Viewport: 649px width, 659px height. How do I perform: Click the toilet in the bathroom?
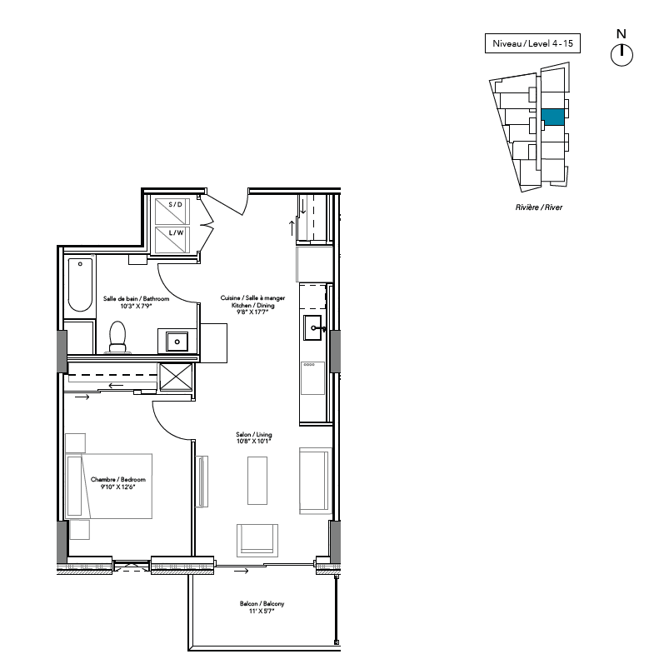click(x=117, y=337)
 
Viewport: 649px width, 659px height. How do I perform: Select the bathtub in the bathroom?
click(x=80, y=285)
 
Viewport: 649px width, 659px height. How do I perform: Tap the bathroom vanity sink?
click(x=177, y=342)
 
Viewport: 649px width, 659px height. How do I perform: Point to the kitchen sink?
click(x=312, y=327)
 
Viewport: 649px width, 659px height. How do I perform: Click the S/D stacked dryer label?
click(x=175, y=205)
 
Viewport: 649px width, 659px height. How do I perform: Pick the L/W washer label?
click(x=176, y=232)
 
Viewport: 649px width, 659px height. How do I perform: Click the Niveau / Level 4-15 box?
click(x=532, y=43)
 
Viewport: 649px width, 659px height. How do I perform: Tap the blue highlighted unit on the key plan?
click(x=552, y=117)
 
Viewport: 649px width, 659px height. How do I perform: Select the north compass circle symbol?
click(x=622, y=55)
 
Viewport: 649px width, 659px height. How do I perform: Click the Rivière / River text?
click(x=539, y=207)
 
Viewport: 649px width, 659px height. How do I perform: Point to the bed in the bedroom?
click(x=109, y=486)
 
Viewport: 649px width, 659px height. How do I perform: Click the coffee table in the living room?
click(x=257, y=481)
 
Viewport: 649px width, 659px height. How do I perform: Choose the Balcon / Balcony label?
click(x=262, y=603)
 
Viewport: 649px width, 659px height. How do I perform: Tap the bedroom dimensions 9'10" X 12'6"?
click(x=117, y=487)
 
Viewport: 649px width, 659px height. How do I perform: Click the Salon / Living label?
click(x=254, y=434)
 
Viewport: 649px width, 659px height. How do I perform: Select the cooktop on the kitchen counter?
click(x=312, y=378)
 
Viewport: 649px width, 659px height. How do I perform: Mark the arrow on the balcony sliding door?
click(x=241, y=571)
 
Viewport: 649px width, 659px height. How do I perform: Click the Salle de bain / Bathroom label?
click(x=136, y=299)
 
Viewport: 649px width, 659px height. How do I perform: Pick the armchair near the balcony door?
click(x=257, y=540)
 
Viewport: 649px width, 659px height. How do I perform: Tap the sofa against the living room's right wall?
click(x=315, y=481)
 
